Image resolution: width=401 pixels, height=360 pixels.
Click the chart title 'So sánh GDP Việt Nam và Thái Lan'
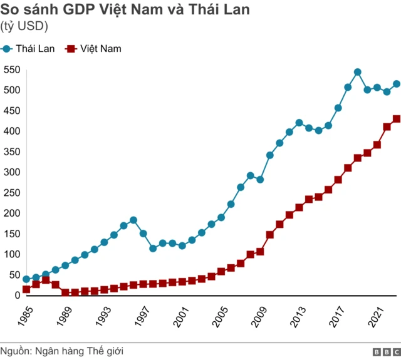[125, 9]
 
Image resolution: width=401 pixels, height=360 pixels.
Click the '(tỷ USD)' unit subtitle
[24, 26]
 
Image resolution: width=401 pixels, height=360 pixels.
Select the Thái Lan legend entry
[29, 48]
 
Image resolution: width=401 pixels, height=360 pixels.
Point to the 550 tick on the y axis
[12, 69]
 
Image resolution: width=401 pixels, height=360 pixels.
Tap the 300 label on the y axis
[12, 172]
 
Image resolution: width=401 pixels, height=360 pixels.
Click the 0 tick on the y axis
[18, 295]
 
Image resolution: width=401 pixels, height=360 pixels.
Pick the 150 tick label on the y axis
[12, 234]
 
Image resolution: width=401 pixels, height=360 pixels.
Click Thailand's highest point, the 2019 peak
[357, 72]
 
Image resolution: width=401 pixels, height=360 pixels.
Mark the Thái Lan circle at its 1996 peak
[133, 220]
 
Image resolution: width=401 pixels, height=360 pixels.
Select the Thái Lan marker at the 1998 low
[153, 249]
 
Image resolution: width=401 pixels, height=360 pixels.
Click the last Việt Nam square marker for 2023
[396, 119]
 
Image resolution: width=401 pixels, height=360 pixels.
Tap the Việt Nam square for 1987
[46, 280]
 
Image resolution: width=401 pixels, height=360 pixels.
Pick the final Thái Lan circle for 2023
[396, 84]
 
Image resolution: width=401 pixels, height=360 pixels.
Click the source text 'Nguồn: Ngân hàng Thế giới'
[61, 351]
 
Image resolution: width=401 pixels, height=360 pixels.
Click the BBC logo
[386, 351]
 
